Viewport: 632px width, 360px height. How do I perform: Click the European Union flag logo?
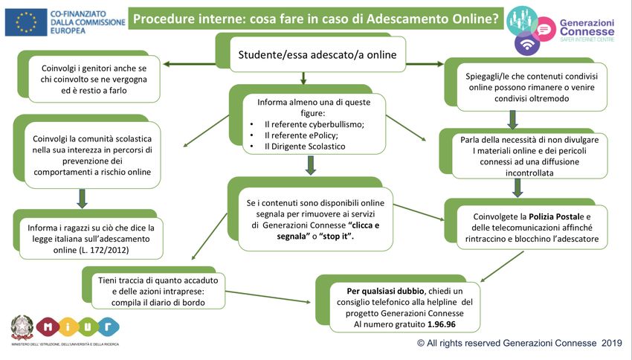[x=26, y=22]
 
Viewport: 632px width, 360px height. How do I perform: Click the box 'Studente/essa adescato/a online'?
[x=317, y=54]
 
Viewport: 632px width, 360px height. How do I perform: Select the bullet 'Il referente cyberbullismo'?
[x=315, y=124]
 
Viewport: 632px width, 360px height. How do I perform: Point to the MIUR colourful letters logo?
[x=77, y=327]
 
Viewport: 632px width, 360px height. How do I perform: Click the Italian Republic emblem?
[x=22, y=327]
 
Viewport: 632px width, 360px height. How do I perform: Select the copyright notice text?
[x=519, y=344]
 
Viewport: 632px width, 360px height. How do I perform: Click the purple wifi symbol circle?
[x=528, y=42]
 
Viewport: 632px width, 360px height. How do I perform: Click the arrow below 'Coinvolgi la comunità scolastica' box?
[x=83, y=198]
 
